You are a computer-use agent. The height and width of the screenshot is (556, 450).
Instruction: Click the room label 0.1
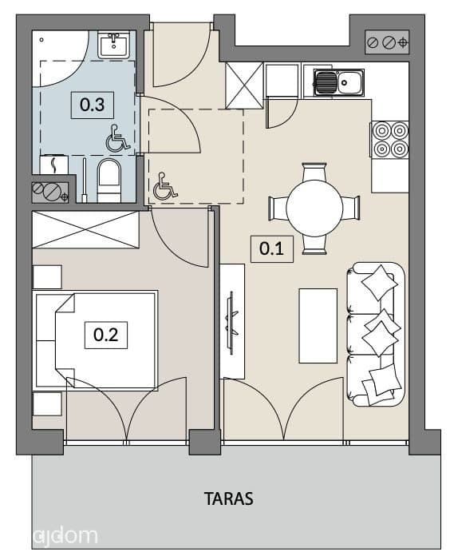pyautogui.click(x=271, y=249)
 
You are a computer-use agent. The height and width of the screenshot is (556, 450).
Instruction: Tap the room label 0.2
pyautogui.click(x=106, y=335)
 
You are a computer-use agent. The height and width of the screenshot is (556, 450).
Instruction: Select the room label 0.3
pyautogui.click(x=92, y=105)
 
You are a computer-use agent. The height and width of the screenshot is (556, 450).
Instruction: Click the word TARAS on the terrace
pyautogui.click(x=229, y=498)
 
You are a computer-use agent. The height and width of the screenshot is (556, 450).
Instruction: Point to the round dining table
pyautogui.click(x=314, y=208)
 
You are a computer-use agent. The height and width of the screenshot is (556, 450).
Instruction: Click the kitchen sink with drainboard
pyautogui.click(x=338, y=82)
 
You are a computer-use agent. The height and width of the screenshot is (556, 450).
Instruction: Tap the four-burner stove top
pyautogui.click(x=390, y=139)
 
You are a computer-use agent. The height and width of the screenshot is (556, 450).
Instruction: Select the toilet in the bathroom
pyautogui.click(x=109, y=181)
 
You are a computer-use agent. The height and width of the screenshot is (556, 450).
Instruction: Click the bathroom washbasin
pyautogui.click(x=113, y=45)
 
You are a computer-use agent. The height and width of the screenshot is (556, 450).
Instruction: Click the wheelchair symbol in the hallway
pyautogui.click(x=164, y=186)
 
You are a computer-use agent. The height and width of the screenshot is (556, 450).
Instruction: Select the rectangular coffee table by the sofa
pyautogui.click(x=318, y=326)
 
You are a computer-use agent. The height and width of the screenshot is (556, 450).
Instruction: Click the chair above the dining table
pyautogui.click(x=314, y=172)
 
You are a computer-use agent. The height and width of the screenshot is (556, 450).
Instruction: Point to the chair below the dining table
pyautogui.click(x=314, y=244)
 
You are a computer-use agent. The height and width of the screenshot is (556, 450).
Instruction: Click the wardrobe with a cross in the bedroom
pyautogui.click(x=85, y=229)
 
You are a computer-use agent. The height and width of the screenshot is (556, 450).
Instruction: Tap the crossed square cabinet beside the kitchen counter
pyautogui.click(x=244, y=85)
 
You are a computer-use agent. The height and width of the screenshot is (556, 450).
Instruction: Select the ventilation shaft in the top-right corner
pyautogui.click(x=387, y=42)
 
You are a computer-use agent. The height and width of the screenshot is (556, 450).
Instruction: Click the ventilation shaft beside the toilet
pyautogui.click(x=50, y=193)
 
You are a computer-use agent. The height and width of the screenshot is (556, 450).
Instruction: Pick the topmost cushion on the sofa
pyautogui.click(x=379, y=283)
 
